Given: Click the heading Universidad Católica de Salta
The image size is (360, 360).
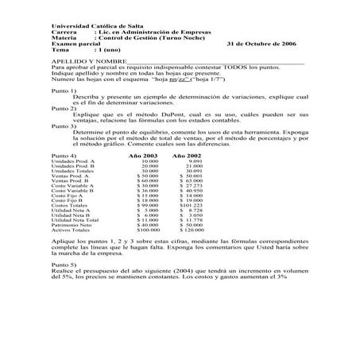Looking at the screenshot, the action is pos(92,26).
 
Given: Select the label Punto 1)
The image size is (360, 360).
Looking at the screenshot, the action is pos(64,91).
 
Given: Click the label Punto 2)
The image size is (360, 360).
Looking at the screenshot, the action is pos(64,107).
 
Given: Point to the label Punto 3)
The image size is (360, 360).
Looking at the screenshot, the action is pos(64,126).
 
